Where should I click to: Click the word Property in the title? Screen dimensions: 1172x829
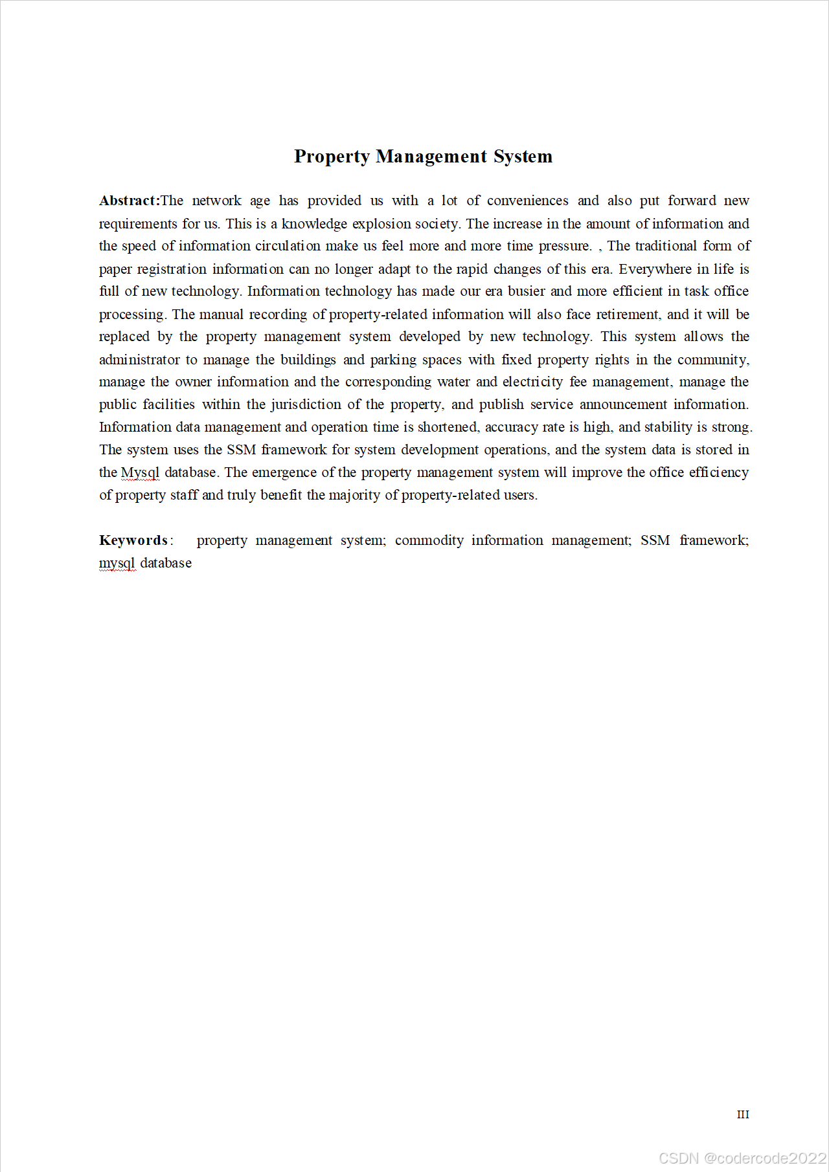[332, 157]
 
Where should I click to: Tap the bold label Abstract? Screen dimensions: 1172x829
[130, 201]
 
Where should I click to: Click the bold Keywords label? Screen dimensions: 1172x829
[134, 540]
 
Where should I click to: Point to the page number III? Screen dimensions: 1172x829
[743, 1114]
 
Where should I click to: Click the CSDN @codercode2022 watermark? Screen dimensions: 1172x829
[742, 1158]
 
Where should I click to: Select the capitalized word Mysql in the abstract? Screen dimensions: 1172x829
[140, 472]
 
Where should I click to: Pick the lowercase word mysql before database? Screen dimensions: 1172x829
[117, 563]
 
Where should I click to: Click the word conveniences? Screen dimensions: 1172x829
[527, 201]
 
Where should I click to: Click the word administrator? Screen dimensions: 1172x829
[139, 360]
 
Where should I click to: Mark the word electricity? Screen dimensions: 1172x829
[532, 382]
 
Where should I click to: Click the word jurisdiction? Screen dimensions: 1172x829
[306, 404]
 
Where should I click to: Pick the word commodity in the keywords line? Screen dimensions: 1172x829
[429, 540]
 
